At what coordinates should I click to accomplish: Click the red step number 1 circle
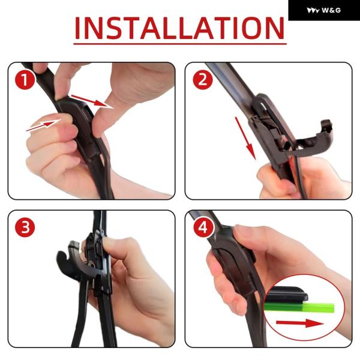[25, 80]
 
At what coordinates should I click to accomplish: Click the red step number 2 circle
[203, 80]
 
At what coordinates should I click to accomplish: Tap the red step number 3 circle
[25, 227]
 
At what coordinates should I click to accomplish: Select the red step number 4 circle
[203, 228]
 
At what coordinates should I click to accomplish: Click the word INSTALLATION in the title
[180, 28]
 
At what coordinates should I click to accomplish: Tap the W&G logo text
[331, 10]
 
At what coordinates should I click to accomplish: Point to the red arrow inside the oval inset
[299, 323]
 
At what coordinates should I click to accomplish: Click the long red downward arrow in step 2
[245, 138]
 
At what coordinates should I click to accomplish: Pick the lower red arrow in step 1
[43, 125]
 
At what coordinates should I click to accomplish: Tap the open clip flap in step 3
[69, 260]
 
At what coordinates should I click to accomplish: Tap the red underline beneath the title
[180, 43]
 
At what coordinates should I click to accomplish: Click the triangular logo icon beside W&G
[313, 10]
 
